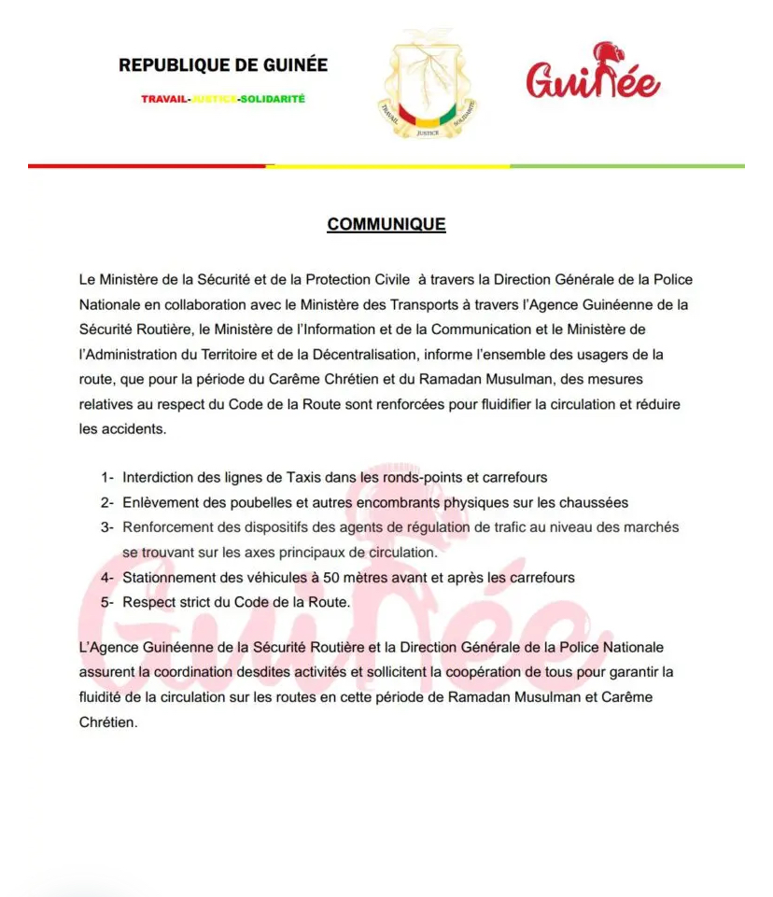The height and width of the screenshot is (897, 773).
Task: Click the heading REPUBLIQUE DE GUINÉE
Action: click(x=223, y=65)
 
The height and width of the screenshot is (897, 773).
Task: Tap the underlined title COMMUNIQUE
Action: click(x=386, y=225)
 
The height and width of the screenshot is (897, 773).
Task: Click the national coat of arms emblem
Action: click(x=427, y=87)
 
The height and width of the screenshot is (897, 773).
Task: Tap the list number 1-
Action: click(x=107, y=478)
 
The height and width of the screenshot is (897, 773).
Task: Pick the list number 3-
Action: click(x=107, y=527)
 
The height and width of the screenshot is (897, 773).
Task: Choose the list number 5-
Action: click(x=107, y=602)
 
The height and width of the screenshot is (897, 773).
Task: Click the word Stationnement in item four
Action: click(x=167, y=578)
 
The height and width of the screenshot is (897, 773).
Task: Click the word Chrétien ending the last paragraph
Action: click(x=107, y=722)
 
